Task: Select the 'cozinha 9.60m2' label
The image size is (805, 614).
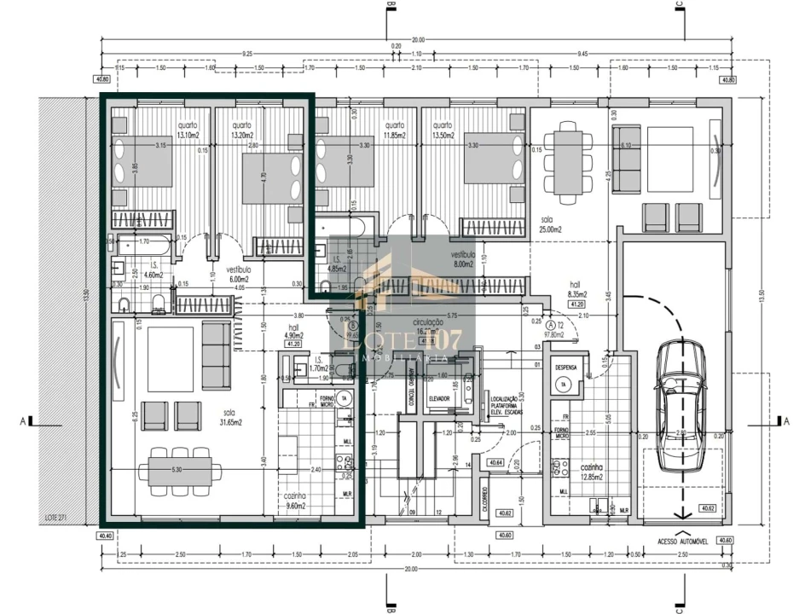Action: (x=297, y=501)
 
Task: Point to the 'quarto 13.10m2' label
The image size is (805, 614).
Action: (x=188, y=130)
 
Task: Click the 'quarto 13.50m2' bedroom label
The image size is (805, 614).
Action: (x=443, y=130)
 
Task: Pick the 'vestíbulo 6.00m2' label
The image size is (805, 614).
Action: (x=238, y=273)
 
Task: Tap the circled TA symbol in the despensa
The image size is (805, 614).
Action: (x=564, y=385)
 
